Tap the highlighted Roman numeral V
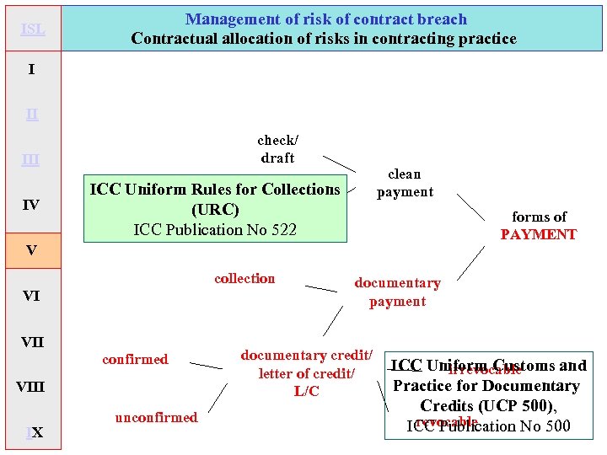click(31, 250)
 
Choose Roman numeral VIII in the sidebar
click(31, 388)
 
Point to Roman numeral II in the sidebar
click(31, 115)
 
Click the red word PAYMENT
click(538, 235)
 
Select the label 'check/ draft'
click(277, 149)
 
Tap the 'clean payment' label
click(405, 183)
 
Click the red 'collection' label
click(244, 279)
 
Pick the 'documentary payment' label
click(397, 292)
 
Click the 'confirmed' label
click(135, 360)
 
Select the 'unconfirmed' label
click(156, 418)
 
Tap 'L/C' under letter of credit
click(306, 392)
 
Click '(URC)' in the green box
click(215, 210)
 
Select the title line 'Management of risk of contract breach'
click(325, 19)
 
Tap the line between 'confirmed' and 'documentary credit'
click(206, 366)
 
